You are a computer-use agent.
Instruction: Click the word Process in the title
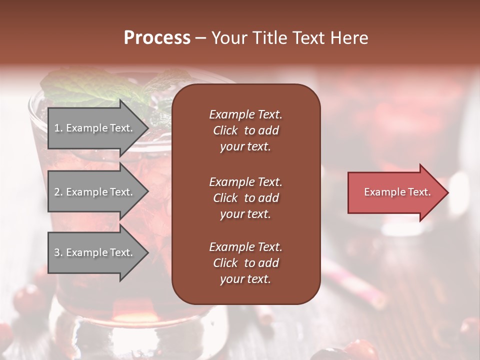[157, 38]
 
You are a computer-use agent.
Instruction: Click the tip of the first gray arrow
[147, 128]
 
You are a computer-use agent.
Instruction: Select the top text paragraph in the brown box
[245, 130]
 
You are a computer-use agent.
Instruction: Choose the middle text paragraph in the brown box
[245, 198]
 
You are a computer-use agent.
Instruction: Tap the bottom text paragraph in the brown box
[245, 263]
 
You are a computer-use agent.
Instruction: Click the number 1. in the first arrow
[58, 128]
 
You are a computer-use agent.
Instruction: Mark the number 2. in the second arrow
[58, 192]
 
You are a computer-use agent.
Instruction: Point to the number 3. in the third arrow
[58, 252]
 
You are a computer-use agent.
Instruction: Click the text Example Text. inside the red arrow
[397, 192]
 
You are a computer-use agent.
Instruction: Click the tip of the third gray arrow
[147, 253]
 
